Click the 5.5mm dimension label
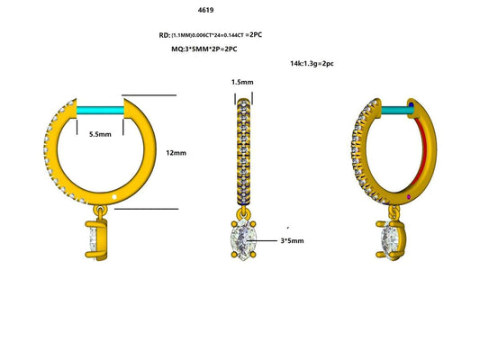click(x=100, y=133)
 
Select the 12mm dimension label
click(x=177, y=153)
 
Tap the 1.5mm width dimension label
click(x=242, y=82)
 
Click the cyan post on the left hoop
click(x=102, y=109)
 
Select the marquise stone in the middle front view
click(x=241, y=240)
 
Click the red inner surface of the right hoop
click(x=421, y=153)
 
